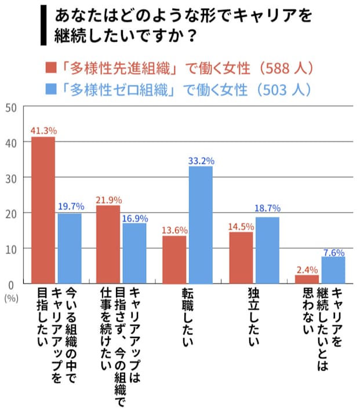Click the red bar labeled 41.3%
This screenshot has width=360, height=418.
pyautogui.click(x=43, y=210)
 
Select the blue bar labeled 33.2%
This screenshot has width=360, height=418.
pyautogui.click(x=200, y=224)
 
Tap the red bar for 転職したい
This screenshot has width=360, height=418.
pyautogui.click(x=174, y=259)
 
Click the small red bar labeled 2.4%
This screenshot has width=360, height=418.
pyautogui.click(x=307, y=279)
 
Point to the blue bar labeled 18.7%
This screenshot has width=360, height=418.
pyautogui.click(x=267, y=250)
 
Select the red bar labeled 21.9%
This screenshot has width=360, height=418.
pyautogui.click(x=108, y=244)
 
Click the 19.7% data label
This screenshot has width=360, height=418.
pyautogui.click(x=70, y=206)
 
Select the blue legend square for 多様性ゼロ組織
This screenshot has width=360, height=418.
pyautogui.click(x=51, y=90)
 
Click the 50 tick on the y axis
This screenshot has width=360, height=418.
pyautogui.click(x=10, y=107)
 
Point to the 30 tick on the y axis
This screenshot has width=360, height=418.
pyautogui.click(x=10, y=177)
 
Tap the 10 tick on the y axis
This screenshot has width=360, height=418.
pyautogui.click(x=10, y=248)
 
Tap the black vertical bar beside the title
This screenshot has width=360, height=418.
pyautogui.click(x=43, y=24)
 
